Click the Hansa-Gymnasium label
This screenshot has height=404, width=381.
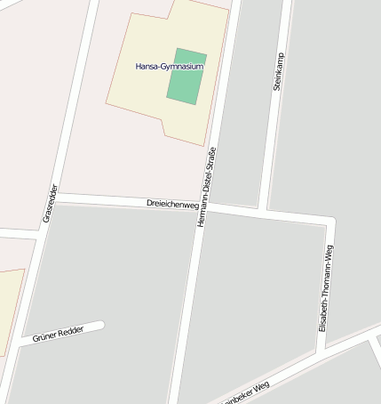pyautogui.click(x=169, y=67)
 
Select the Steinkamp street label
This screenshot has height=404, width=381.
pyautogui.click(x=278, y=72)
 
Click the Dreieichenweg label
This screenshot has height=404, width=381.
pyautogui.click(x=171, y=204)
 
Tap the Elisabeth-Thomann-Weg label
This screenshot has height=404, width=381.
pyautogui.click(x=326, y=287)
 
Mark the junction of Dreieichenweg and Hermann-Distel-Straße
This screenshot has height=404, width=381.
pyautogui.click(x=203, y=206)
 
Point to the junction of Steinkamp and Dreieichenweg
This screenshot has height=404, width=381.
pyautogui.click(x=264, y=212)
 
